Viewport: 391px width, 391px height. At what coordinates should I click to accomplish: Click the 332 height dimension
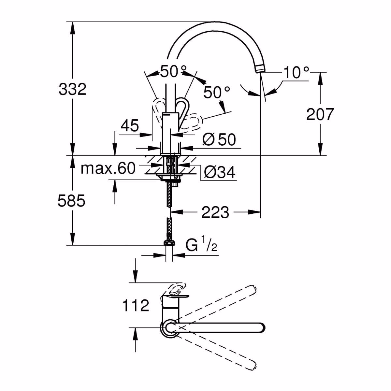coord(72,89)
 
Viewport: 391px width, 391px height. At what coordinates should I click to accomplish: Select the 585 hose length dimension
coord(71,201)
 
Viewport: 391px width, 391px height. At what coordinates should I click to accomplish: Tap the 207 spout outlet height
coord(320,114)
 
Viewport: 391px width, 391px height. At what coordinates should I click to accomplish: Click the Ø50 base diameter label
coord(219,140)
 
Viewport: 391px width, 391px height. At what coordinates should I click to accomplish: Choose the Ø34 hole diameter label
coord(219,172)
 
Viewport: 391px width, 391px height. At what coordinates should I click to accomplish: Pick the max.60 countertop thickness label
coord(108,168)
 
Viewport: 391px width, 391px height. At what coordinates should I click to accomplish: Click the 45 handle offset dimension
coord(130,125)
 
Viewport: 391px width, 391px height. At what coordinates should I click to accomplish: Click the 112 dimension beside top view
coord(135,305)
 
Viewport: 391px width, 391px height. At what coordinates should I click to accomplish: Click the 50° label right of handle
coord(217,93)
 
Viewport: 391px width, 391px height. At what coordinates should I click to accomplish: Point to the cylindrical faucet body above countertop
coord(170,132)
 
